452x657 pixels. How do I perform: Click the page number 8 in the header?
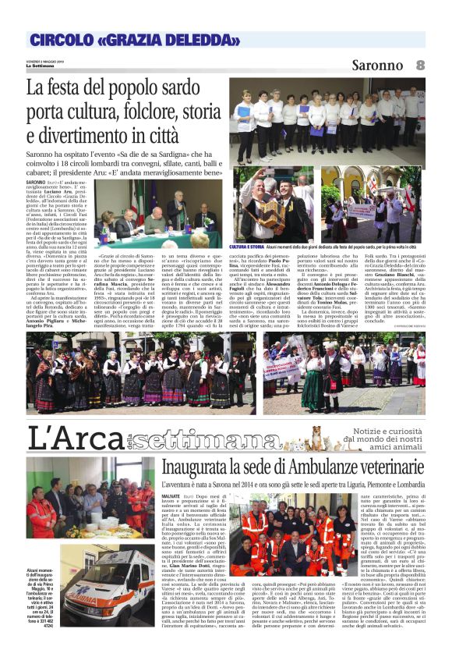420,64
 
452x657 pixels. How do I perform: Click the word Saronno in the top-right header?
378,65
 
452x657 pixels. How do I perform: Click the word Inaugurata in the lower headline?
197,467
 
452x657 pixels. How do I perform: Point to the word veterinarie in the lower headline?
387,467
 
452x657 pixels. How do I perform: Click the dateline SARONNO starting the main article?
40,182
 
